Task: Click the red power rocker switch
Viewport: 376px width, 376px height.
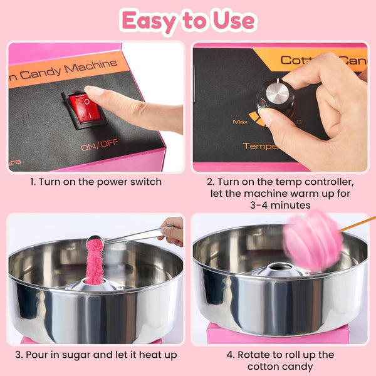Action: (85, 109)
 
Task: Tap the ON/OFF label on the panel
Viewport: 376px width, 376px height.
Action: (100, 145)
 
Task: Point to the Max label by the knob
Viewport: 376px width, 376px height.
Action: (240, 122)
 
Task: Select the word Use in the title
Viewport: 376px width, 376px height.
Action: (234, 21)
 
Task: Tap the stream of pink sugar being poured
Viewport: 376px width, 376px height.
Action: (95, 263)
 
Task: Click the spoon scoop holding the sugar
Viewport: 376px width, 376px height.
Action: (95, 241)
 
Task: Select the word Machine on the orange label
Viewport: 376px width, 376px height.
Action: (91, 66)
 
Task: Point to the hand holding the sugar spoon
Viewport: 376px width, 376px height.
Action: (172, 231)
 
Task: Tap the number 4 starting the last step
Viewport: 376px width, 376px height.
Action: (230, 355)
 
